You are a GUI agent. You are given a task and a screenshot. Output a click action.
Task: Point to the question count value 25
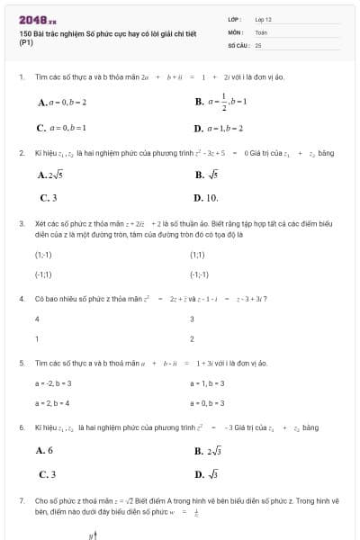pyautogui.click(x=258, y=44)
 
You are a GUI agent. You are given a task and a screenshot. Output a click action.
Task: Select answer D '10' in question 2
pyautogui.click(x=206, y=197)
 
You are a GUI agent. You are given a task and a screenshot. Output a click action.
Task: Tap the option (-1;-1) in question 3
pyautogui.click(x=199, y=274)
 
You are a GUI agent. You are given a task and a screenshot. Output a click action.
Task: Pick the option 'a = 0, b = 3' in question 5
pyautogui.click(x=208, y=402)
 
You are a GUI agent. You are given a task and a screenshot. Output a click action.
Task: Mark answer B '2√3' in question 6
pyautogui.click(x=208, y=450)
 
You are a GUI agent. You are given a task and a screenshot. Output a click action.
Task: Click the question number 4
pyautogui.click(x=21, y=298)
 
